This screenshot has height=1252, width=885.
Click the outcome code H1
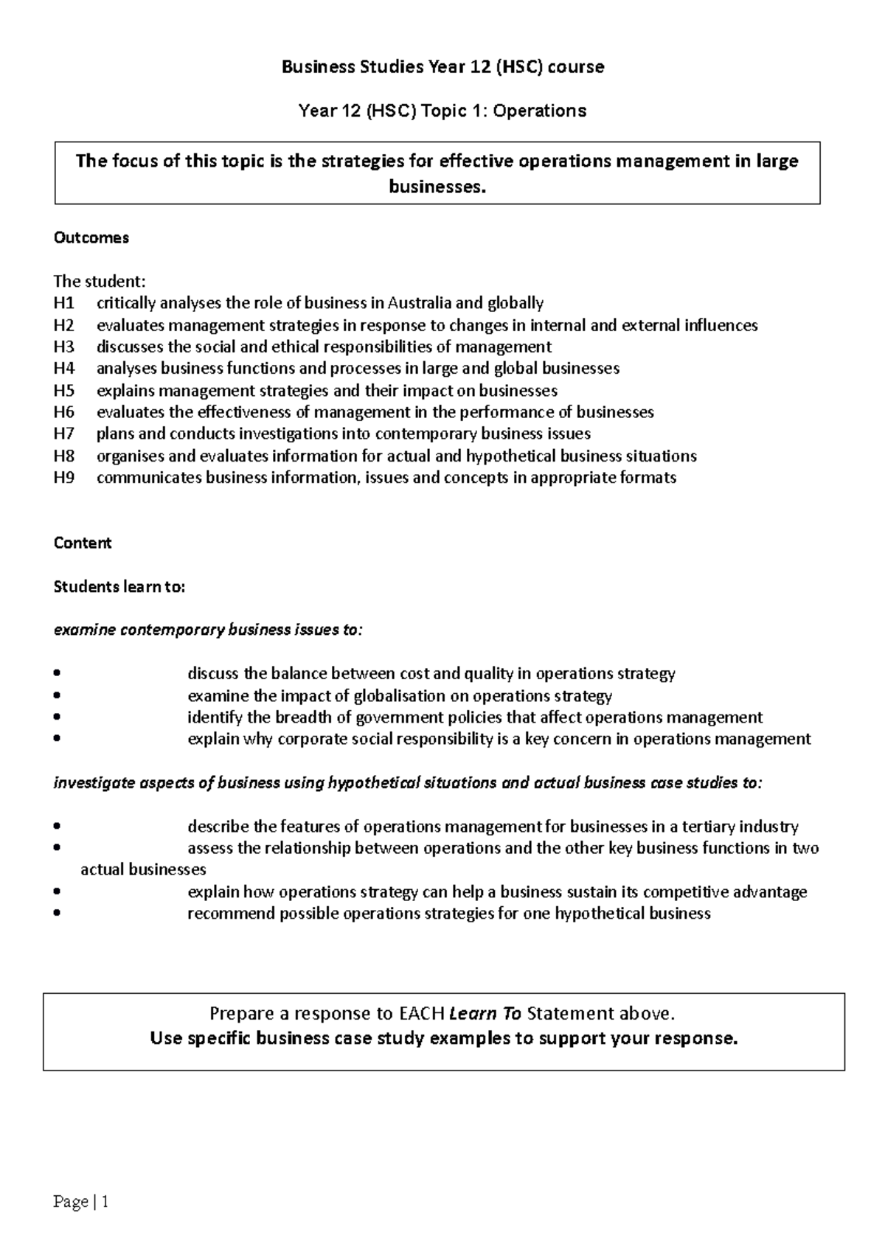tap(63, 303)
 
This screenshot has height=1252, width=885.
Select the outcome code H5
tap(63, 390)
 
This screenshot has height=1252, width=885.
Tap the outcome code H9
tap(63, 477)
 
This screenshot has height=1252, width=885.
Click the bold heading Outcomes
tap(91, 237)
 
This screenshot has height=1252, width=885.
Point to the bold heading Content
tap(83, 543)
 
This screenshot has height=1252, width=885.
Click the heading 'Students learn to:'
tap(119, 587)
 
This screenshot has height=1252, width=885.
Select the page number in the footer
tap(81, 1203)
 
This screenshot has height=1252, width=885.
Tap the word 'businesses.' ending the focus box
tap(437, 187)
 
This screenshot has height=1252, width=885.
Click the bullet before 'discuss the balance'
tap(58, 673)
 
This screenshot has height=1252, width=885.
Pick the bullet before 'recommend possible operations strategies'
tap(58, 914)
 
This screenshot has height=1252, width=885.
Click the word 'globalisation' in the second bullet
tap(400, 695)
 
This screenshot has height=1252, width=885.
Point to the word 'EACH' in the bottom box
tap(421, 1013)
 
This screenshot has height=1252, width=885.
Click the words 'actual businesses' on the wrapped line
tap(143, 870)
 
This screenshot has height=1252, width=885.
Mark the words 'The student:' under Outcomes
tap(100, 282)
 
